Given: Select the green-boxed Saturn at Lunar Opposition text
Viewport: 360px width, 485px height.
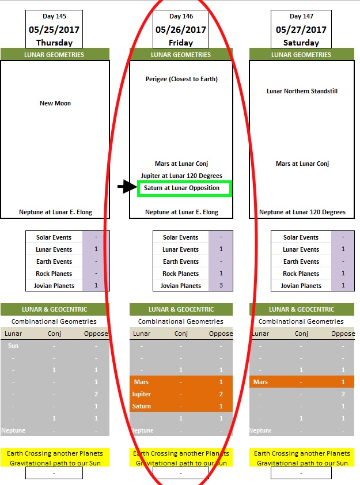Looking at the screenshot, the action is coord(182,188).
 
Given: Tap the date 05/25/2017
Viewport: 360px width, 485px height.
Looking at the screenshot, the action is coord(55,30).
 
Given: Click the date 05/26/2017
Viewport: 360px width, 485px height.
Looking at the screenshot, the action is coord(181,30).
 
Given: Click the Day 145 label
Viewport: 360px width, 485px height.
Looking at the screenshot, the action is coord(55,16).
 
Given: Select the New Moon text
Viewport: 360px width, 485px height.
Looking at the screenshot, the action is coord(55,103).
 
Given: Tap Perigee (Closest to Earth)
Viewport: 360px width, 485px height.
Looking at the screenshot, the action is coord(181,79).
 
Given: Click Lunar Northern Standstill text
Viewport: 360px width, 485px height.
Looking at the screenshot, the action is coord(302,91).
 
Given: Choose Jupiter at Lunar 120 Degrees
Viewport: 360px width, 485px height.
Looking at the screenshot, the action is coord(181,176).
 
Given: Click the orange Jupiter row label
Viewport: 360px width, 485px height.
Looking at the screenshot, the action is coord(142,394).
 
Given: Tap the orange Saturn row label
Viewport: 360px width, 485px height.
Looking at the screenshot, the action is coord(142,406).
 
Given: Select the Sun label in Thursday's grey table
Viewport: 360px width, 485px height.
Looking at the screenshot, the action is coord(13,346).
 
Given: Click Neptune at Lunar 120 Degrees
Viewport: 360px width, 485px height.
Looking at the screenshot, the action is coord(302,212).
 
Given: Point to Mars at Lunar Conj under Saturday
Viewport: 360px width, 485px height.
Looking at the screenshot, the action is coord(302,164).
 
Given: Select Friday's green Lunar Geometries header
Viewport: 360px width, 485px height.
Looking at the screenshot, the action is coord(181,55).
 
